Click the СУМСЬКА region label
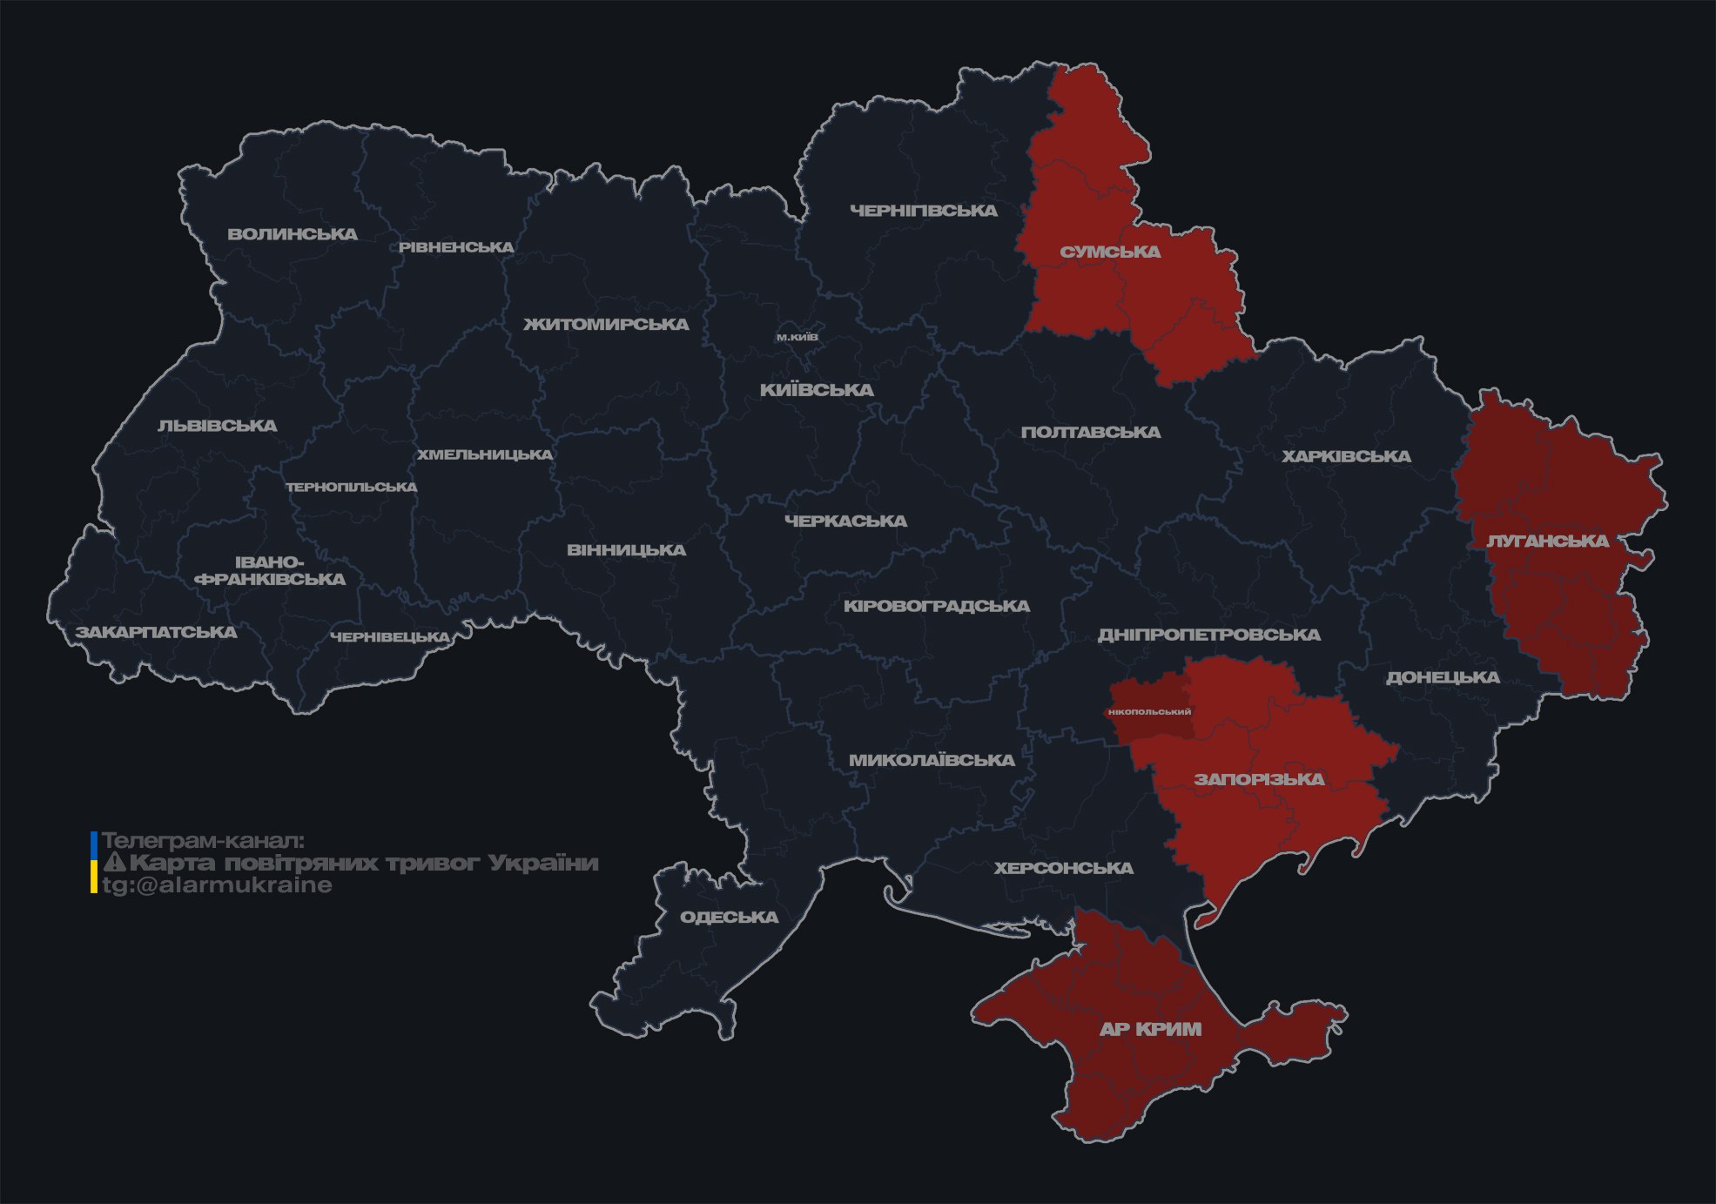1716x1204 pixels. coord(1110,252)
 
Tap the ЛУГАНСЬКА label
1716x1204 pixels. coord(1547,541)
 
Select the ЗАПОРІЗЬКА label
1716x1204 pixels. coord(1259,779)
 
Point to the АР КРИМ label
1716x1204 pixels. coord(1150,1029)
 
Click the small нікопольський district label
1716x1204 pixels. coord(1149,711)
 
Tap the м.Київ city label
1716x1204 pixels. coord(797,337)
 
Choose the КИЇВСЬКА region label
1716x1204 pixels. coord(817,390)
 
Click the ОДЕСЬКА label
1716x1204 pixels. coord(729,917)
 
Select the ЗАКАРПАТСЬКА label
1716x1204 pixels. coord(156,632)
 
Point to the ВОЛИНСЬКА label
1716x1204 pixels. coord(293,234)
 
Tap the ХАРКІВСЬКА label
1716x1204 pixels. coord(1346,456)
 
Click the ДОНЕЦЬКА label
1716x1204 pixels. coord(1443,677)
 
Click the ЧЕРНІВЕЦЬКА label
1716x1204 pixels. coord(390,637)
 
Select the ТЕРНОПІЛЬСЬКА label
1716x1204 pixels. coord(352,487)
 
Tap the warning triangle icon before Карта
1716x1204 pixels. coord(114,863)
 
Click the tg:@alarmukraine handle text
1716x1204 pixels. coord(218,885)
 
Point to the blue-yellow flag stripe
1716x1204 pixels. coord(94,863)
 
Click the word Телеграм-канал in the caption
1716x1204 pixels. coord(203,841)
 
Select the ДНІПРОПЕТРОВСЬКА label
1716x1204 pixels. coord(1208,635)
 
